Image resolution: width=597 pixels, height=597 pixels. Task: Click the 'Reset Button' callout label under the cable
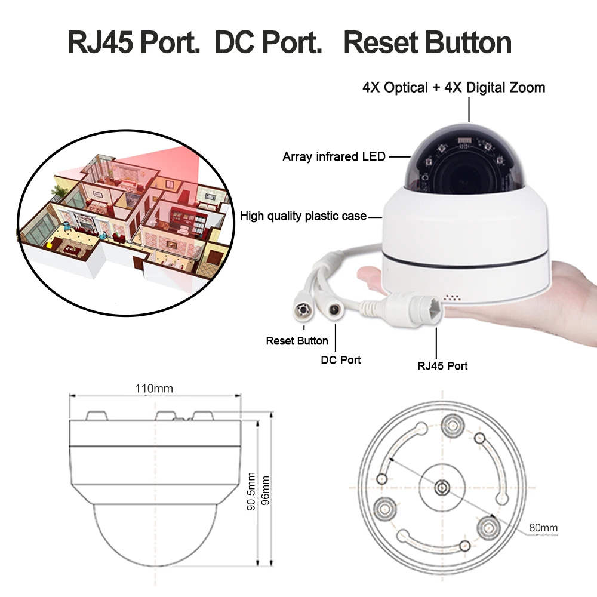(x=297, y=341)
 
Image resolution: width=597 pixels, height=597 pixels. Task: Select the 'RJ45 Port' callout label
(x=442, y=365)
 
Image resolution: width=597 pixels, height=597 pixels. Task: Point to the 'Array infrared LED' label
(x=334, y=157)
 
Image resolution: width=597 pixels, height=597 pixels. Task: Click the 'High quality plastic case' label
(x=303, y=216)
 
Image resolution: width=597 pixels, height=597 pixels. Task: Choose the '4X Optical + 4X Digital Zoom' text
(x=454, y=88)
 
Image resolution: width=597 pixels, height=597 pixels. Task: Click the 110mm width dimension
(x=153, y=389)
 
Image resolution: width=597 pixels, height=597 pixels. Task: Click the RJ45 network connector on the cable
(x=418, y=308)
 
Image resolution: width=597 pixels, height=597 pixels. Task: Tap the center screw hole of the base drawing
(x=442, y=487)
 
